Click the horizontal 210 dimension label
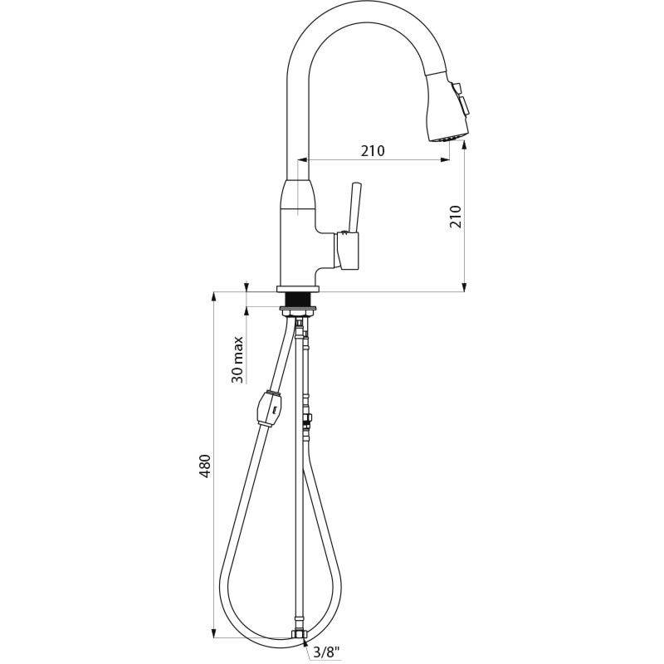coord(373,151)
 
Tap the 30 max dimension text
coord(237,359)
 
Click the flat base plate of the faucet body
coord(296,289)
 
